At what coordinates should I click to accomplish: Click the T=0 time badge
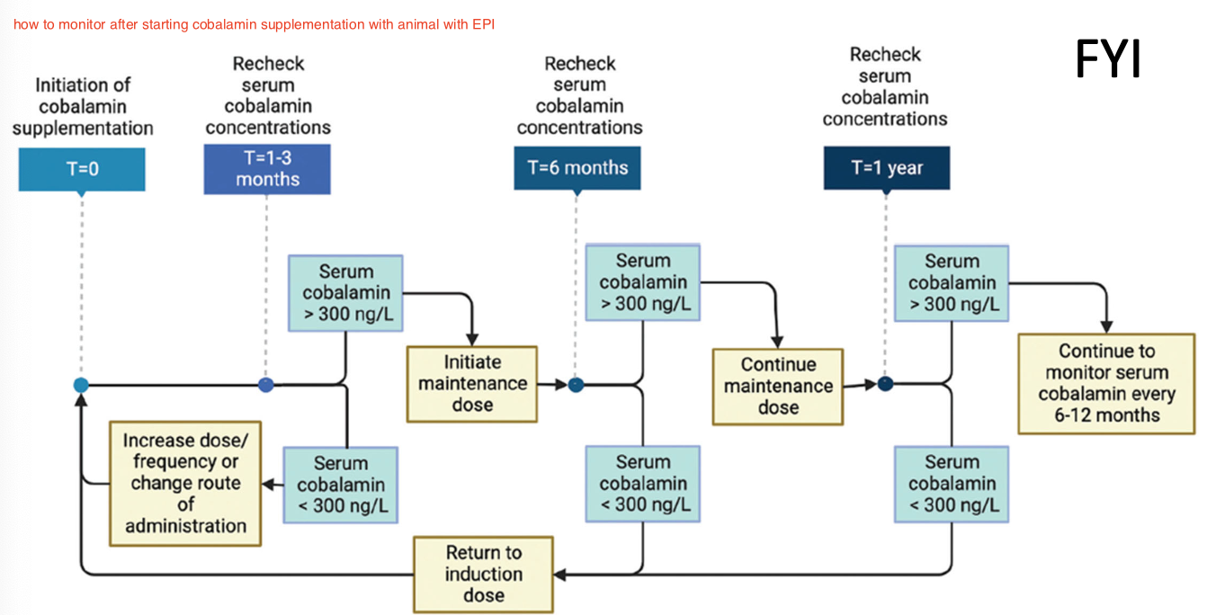[x=82, y=169]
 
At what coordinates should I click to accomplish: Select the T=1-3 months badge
[x=267, y=168]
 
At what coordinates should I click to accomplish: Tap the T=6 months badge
[x=577, y=167]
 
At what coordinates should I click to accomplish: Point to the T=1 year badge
[x=886, y=168]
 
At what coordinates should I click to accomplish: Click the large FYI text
[x=1108, y=59]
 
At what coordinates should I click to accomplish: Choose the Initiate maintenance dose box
[x=472, y=384]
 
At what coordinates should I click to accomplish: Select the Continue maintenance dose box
[x=778, y=387]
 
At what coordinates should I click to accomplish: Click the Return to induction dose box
[x=483, y=575]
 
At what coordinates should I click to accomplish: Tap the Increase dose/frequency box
[x=185, y=483]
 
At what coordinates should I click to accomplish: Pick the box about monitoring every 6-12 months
[x=1106, y=384]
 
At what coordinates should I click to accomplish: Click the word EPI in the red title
[x=484, y=24]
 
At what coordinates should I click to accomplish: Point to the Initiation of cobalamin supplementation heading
[x=83, y=106]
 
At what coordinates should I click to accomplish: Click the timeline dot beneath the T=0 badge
[x=81, y=385]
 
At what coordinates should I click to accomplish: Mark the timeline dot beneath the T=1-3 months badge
[x=265, y=385]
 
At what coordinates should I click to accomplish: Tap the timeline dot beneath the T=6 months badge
[x=577, y=385]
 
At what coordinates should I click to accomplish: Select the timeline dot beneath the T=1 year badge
[x=886, y=384]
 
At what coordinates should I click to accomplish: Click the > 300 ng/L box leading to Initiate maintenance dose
[x=345, y=293]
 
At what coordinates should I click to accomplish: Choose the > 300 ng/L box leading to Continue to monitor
[x=952, y=282]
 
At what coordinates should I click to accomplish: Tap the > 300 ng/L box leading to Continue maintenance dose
[x=642, y=281]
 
